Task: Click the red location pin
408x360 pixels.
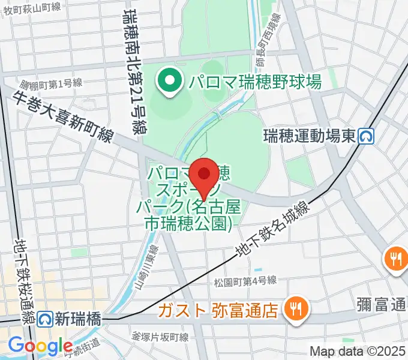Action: (205, 175)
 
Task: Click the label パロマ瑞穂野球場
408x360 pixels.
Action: (255, 80)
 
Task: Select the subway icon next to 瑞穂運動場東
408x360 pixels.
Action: (365, 137)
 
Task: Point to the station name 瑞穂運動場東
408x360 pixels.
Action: (310, 137)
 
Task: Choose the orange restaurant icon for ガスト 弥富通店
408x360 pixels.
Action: (296, 310)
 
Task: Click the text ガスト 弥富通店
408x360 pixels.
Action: (218, 310)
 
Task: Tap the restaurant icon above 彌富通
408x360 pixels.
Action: (395, 259)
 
